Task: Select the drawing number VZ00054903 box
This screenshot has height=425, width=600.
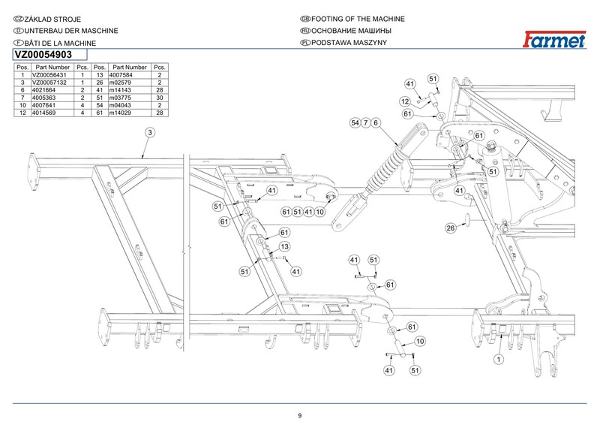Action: [49, 55]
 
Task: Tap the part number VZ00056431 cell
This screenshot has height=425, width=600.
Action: [52, 75]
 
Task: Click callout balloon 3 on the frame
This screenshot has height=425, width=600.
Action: [149, 132]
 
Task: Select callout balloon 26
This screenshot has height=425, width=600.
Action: [451, 228]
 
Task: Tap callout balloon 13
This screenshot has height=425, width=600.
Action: [285, 246]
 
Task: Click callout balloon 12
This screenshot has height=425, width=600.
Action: [404, 101]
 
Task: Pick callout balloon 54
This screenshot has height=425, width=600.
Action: [355, 122]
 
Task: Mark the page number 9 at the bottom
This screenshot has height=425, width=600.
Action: [300, 416]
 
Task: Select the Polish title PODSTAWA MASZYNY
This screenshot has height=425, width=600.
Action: [343, 43]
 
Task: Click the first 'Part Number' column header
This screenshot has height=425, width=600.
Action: [52, 68]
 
